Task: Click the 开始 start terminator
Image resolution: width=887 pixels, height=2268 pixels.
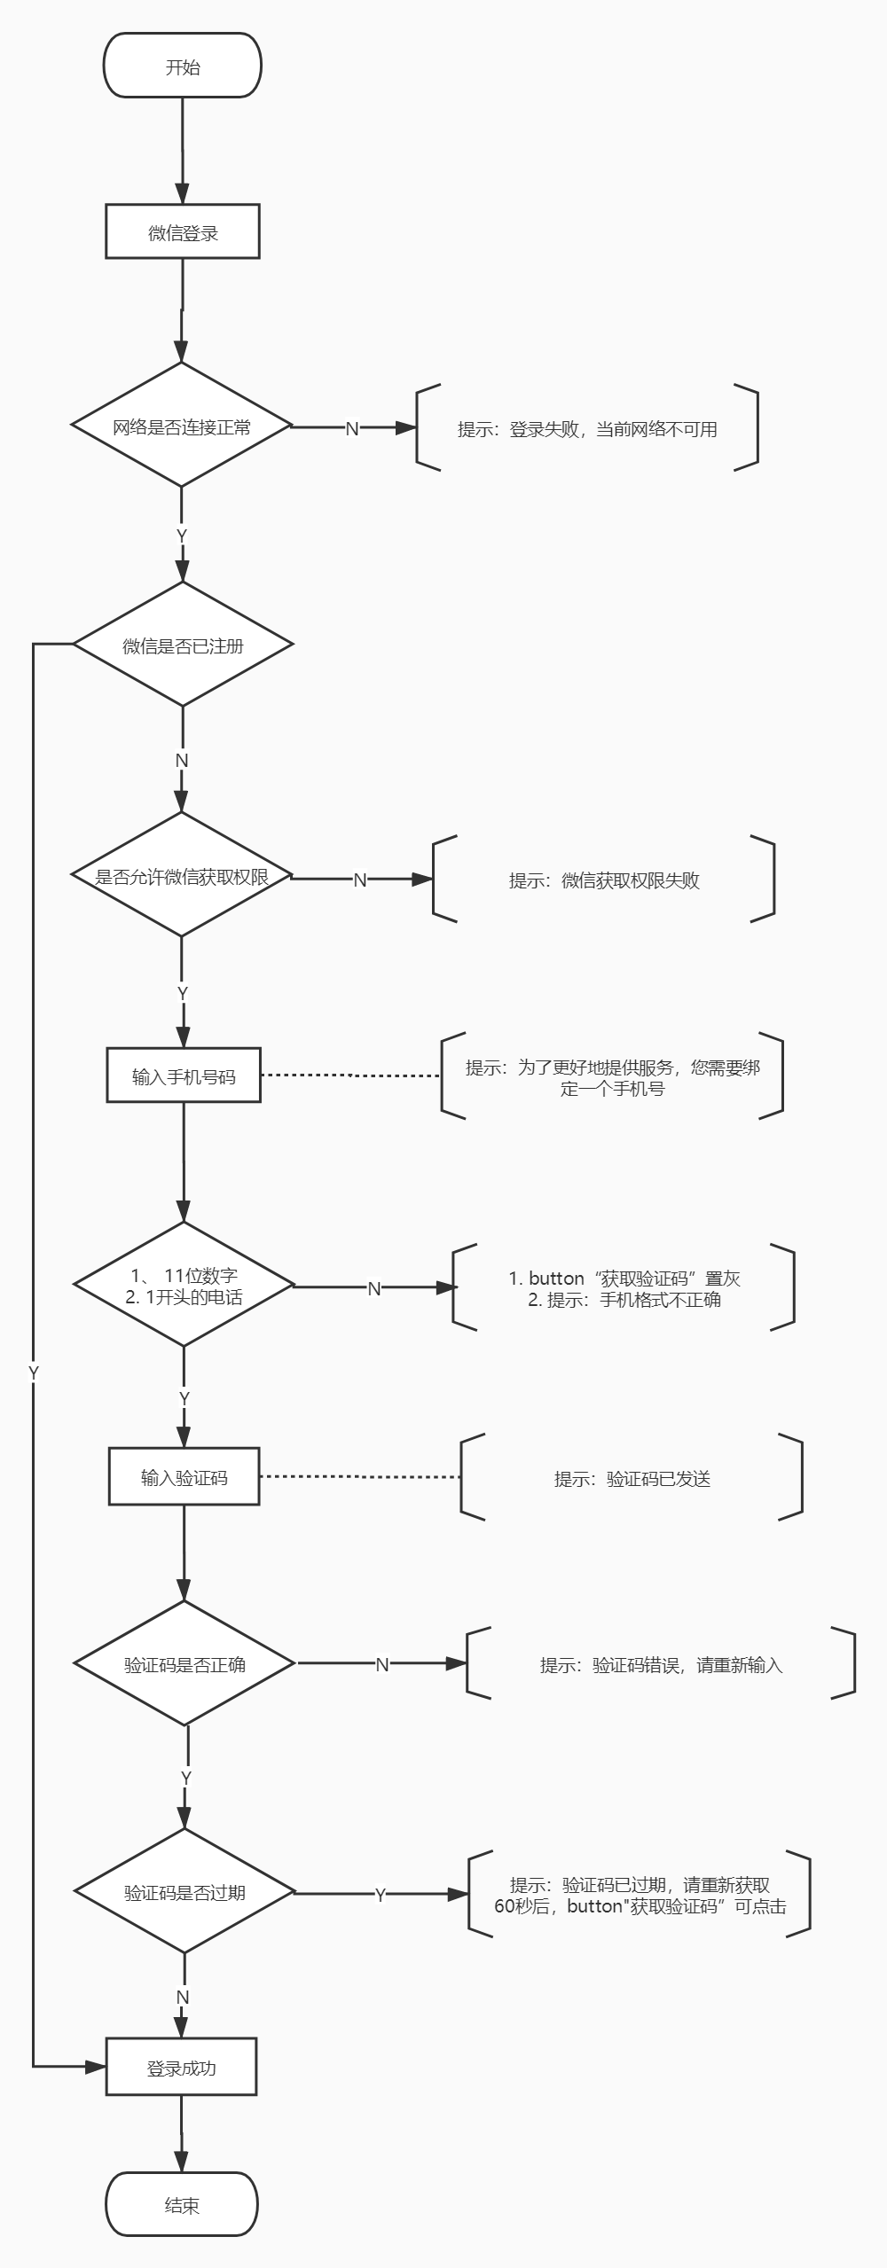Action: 182,66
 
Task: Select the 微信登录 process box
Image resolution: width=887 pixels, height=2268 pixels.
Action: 183,232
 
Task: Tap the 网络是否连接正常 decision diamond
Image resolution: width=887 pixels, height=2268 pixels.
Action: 182,426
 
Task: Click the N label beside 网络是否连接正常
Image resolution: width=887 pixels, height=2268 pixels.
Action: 351,428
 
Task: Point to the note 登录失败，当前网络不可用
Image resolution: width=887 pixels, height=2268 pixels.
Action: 587,428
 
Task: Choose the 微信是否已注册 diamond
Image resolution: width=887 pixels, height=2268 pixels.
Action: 183,645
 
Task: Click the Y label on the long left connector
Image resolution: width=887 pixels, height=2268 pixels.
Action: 34,1373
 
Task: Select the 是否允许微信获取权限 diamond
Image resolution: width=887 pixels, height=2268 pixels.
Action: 182,876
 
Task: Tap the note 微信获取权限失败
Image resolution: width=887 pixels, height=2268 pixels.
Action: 603,880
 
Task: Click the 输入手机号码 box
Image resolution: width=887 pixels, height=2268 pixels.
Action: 184,1076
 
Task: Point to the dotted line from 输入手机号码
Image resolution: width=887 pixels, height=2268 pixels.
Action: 350,1075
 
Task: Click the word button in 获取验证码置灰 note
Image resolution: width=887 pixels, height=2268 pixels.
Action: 556,1278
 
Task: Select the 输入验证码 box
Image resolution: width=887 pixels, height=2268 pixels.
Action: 184,1477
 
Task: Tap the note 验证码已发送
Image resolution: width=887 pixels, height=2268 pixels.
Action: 632,1478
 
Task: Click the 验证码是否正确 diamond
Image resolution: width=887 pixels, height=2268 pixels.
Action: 184,1664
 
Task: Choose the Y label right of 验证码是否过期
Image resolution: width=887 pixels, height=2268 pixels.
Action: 381,1895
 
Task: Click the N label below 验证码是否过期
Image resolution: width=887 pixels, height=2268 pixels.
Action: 183,1997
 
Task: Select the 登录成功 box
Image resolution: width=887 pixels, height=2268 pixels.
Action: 181,2068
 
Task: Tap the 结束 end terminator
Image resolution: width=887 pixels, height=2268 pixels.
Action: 182,2205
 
